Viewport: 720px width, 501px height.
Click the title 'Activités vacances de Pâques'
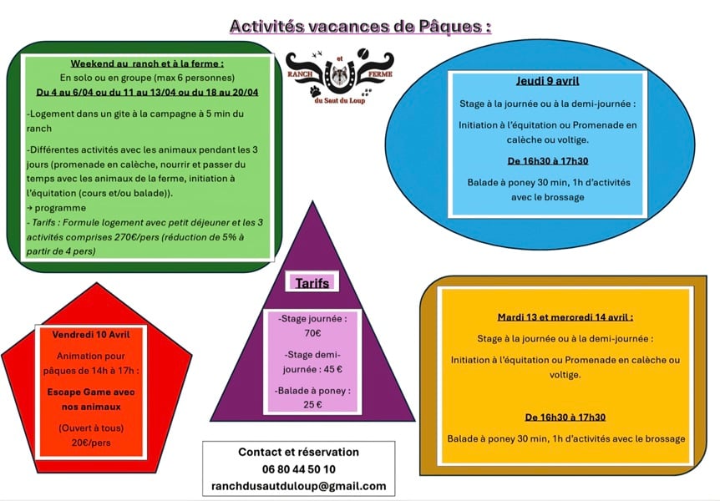[x=360, y=26]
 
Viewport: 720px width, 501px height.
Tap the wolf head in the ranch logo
[x=340, y=74]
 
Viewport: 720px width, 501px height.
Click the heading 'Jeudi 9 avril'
[x=548, y=81]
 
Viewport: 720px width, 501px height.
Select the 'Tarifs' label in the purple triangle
[x=312, y=283]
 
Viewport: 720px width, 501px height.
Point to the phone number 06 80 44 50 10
[x=298, y=469]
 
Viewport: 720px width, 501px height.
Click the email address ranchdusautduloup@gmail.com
[x=298, y=485]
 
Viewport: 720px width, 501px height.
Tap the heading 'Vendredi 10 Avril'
[x=91, y=334]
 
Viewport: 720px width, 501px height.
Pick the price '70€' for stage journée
[x=312, y=333]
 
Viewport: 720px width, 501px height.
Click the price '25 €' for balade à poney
[x=312, y=405]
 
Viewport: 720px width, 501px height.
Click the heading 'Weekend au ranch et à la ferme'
[x=147, y=63]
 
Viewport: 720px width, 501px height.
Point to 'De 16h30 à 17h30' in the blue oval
[x=548, y=161]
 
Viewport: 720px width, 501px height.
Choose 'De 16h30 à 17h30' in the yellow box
[x=565, y=417]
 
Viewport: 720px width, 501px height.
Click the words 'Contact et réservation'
[x=298, y=452]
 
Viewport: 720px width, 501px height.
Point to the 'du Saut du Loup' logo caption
[x=340, y=101]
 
